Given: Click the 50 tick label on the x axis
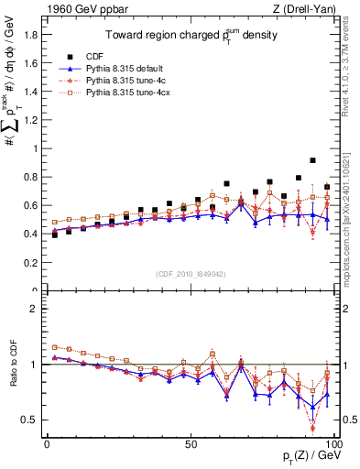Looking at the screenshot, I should click(191, 442).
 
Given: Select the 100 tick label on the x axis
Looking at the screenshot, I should click(333, 442).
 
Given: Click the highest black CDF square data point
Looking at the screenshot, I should click(313, 160).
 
